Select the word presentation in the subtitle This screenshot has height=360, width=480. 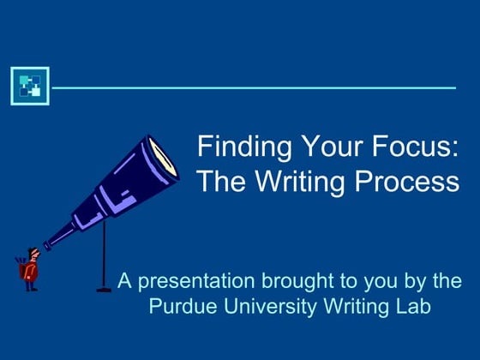point(189,281)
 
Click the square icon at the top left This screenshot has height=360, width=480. point(30,86)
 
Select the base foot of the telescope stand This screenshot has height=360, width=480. point(105,289)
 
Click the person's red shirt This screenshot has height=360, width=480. point(30,272)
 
